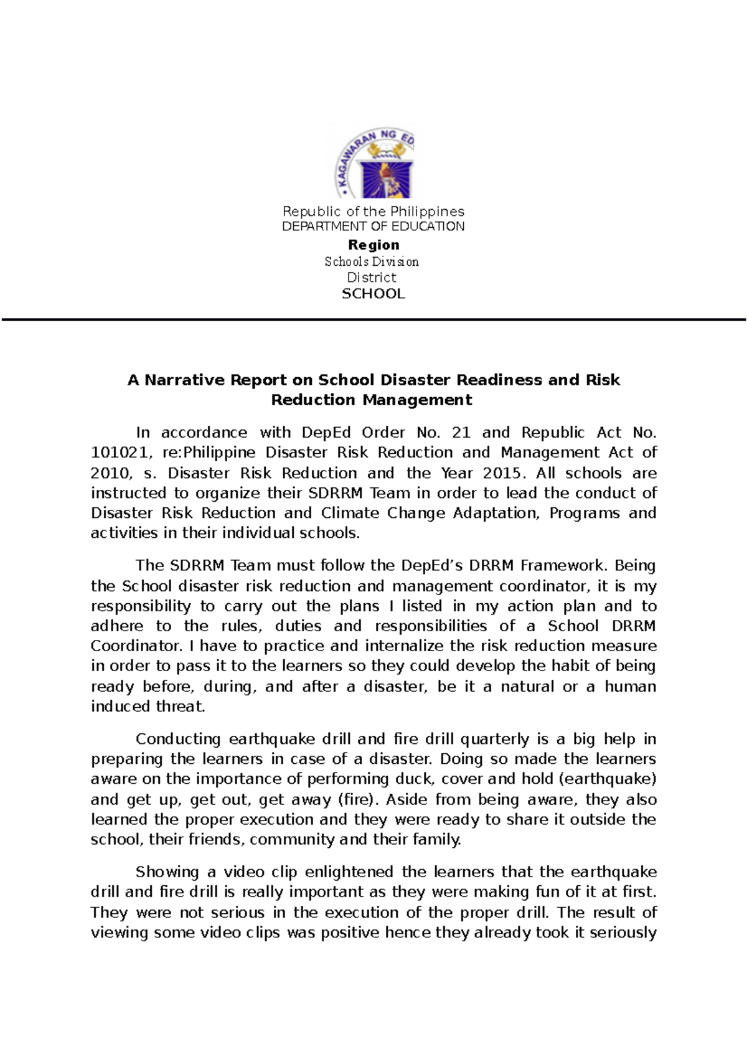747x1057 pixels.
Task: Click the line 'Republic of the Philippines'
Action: [x=374, y=212]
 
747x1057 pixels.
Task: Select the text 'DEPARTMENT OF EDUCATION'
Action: [x=374, y=227]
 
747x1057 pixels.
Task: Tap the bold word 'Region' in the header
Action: [x=374, y=245]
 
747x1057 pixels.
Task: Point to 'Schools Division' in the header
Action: [x=372, y=261]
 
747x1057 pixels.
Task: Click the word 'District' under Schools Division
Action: [x=372, y=278]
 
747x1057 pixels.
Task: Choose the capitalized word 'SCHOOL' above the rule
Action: [x=374, y=294]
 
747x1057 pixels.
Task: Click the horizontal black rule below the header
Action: [x=374, y=320]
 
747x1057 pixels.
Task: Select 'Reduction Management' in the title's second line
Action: [x=372, y=400]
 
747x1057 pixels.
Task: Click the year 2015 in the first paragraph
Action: [x=501, y=473]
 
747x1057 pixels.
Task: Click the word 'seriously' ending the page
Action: [x=623, y=933]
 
